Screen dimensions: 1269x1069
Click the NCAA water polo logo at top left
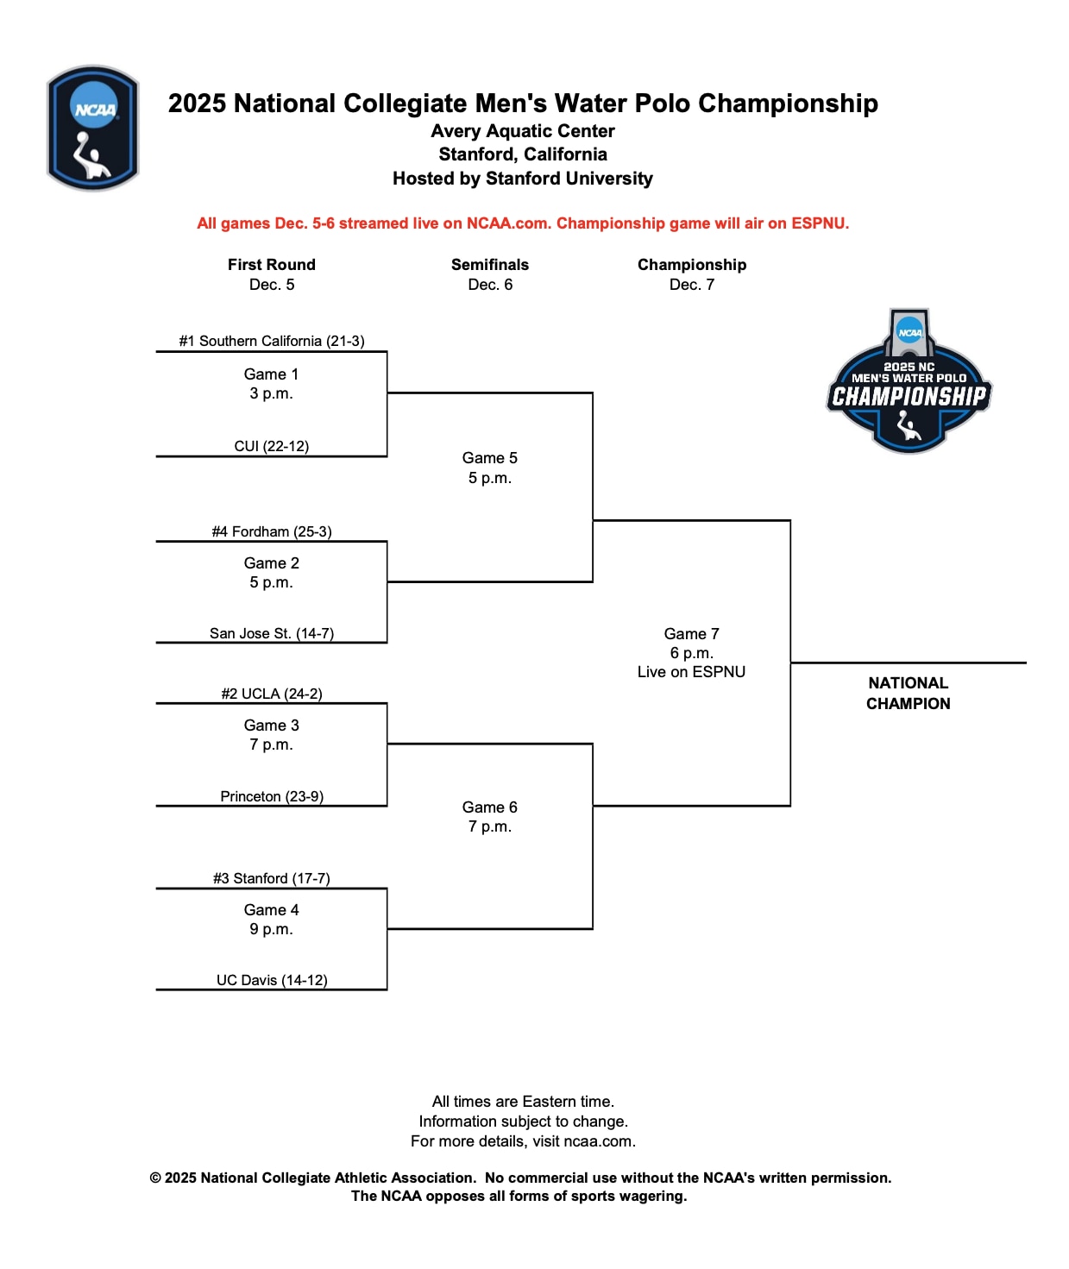[x=92, y=128]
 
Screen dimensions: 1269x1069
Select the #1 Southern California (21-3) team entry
[x=272, y=341]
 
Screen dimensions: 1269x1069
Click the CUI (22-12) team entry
[x=272, y=446]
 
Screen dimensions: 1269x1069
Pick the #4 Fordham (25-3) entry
[x=272, y=531]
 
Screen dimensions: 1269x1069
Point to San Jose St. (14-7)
[x=272, y=633]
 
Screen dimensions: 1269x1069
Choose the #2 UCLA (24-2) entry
[x=272, y=694]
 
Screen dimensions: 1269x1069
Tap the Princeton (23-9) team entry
[x=272, y=796]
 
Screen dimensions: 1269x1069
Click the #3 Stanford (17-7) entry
[x=272, y=878]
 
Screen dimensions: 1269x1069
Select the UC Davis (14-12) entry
[x=272, y=980]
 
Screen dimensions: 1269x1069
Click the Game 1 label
[x=271, y=374]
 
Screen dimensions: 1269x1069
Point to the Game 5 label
[x=489, y=458]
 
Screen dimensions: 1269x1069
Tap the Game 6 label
[x=489, y=807]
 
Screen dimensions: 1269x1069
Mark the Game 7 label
[x=691, y=634]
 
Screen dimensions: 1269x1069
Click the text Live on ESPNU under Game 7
[x=691, y=672]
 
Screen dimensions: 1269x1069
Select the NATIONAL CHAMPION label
[x=909, y=693]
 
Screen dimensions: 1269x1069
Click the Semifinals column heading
[x=489, y=265]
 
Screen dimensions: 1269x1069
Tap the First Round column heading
[x=272, y=265]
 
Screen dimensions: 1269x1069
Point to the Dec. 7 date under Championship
[x=692, y=285]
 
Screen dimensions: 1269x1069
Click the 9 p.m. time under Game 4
[x=271, y=929]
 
